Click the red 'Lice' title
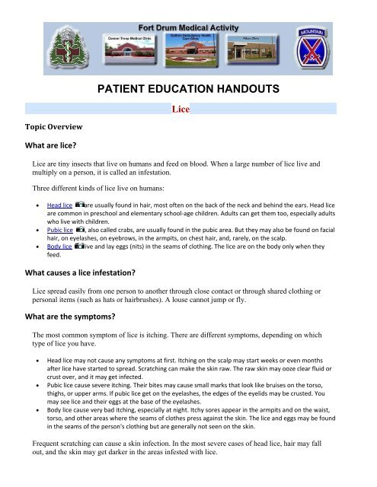coord(189,110)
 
